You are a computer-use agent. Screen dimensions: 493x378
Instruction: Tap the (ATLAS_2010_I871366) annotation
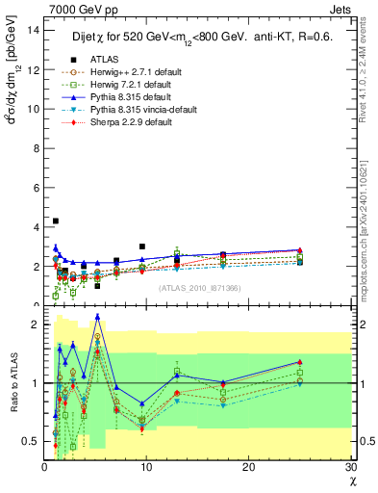click(x=198, y=288)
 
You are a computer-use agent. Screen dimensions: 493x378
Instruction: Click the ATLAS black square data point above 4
click(x=56, y=221)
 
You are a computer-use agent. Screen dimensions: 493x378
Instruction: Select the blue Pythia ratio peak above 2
click(x=97, y=316)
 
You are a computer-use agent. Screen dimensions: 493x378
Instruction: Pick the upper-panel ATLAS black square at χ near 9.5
click(x=141, y=246)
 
